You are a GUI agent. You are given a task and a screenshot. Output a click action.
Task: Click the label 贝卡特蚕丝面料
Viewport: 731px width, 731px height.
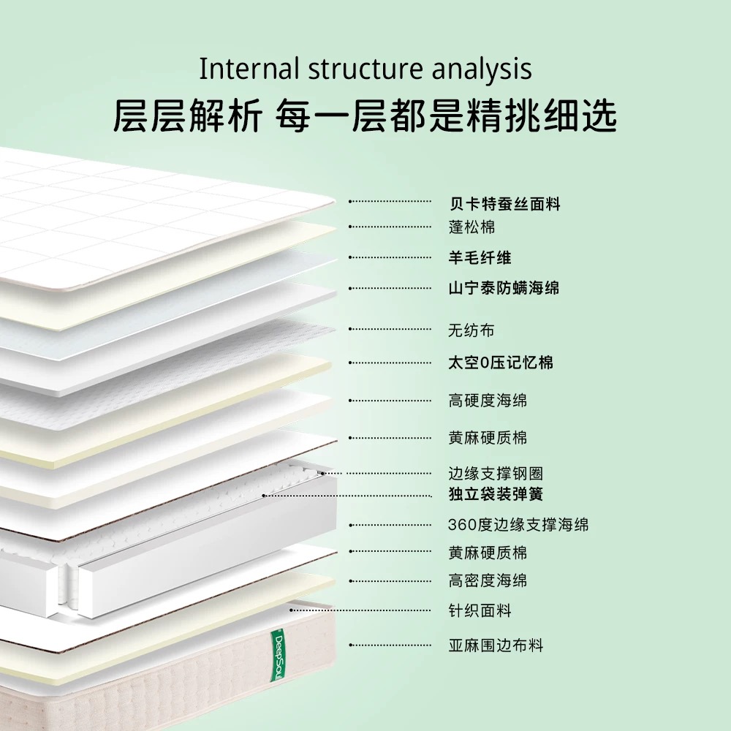click(504, 204)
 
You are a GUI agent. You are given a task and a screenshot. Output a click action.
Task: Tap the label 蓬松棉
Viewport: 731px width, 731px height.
click(471, 227)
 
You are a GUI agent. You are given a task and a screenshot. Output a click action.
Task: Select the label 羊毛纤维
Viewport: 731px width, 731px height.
click(480, 257)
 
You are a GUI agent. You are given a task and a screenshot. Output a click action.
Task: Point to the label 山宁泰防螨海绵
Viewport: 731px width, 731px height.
click(504, 287)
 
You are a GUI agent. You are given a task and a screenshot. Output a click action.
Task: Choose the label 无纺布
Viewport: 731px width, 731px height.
click(471, 330)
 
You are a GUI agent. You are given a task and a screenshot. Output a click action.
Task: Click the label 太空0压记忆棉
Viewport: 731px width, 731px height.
click(501, 363)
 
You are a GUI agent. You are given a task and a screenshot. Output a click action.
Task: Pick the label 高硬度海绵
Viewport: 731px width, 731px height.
click(488, 401)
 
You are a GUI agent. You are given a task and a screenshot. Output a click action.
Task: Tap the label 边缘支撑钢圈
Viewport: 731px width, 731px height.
click(496, 473)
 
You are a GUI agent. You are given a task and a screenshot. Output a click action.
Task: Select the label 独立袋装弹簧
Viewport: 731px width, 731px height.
click(496, 493)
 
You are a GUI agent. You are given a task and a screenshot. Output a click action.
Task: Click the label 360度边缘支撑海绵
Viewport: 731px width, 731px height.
click(518, 524)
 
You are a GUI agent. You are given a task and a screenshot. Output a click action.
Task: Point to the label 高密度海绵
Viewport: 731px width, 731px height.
click(488, 580)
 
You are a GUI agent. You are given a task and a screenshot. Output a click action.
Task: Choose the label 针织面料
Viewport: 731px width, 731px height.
click(480, 610)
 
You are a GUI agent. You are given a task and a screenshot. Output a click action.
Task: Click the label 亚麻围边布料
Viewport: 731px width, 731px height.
click(496, 645)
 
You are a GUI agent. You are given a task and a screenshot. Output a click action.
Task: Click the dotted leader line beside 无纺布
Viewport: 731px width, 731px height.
click(390, 329)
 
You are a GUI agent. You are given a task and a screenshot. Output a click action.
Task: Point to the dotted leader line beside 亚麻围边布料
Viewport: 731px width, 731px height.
click(390, 645)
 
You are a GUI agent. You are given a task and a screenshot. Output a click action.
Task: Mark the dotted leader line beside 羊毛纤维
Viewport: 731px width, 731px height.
click(390, 257)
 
